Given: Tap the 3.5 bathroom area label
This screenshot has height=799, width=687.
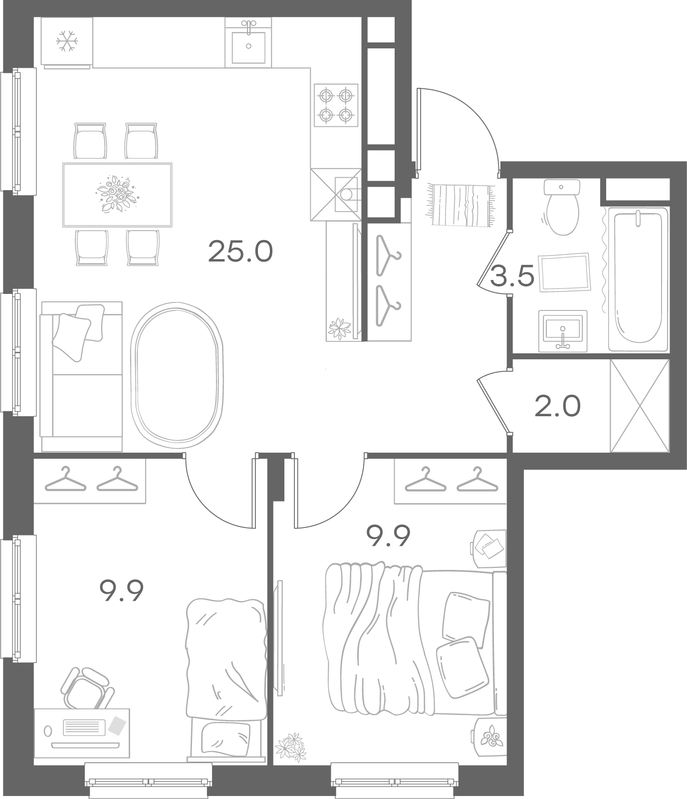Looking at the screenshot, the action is coord(512,275).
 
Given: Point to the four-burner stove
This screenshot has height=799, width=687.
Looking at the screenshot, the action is coord(336,105).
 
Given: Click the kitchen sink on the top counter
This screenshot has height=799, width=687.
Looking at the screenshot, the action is coord(248,42).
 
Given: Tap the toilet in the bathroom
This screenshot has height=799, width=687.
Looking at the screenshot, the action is coord(562,207).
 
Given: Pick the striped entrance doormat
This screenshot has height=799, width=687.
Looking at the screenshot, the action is coord(460,205).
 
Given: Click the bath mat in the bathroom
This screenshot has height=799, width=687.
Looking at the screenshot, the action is coord(564,271).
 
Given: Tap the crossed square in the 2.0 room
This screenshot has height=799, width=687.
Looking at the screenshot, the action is coord(640,406).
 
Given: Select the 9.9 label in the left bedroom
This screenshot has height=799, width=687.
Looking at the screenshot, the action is coord(122,591).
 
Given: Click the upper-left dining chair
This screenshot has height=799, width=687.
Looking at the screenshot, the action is coord(90,141).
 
